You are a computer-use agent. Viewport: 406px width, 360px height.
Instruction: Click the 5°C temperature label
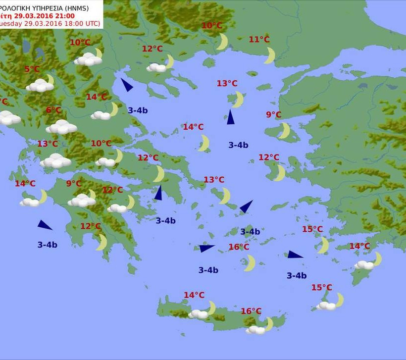(32, 69)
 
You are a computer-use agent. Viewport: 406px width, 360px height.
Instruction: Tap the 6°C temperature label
(53, 110)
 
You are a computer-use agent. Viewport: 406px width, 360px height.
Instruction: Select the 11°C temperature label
(259, 40)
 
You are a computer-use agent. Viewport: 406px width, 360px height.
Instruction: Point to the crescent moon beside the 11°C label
(269, 55)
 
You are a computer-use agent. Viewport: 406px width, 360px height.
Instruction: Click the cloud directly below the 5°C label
(40, 86)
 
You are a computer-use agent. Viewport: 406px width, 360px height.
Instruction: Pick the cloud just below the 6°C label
(61, 127)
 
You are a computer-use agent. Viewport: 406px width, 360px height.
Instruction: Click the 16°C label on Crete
(251, 311)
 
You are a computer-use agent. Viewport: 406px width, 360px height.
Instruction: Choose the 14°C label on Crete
(194, 295)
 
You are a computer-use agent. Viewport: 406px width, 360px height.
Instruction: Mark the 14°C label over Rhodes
(359, 246)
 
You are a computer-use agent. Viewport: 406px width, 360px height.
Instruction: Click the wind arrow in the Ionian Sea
(45, 225)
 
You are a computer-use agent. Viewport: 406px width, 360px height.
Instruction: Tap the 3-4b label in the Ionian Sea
(47, 245)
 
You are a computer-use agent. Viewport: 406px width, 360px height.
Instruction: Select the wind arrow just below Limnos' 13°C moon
(230, 117)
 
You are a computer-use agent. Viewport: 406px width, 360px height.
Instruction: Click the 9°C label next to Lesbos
(273, 115)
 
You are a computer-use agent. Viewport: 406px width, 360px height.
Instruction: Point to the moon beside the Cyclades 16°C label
(250, 263)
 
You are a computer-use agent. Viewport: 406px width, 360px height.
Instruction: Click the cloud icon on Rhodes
(364, 265)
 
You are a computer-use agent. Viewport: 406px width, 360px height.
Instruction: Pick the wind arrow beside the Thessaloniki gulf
(127, 85)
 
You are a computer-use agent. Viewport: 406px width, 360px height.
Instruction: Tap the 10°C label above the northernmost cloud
(80, 43)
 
